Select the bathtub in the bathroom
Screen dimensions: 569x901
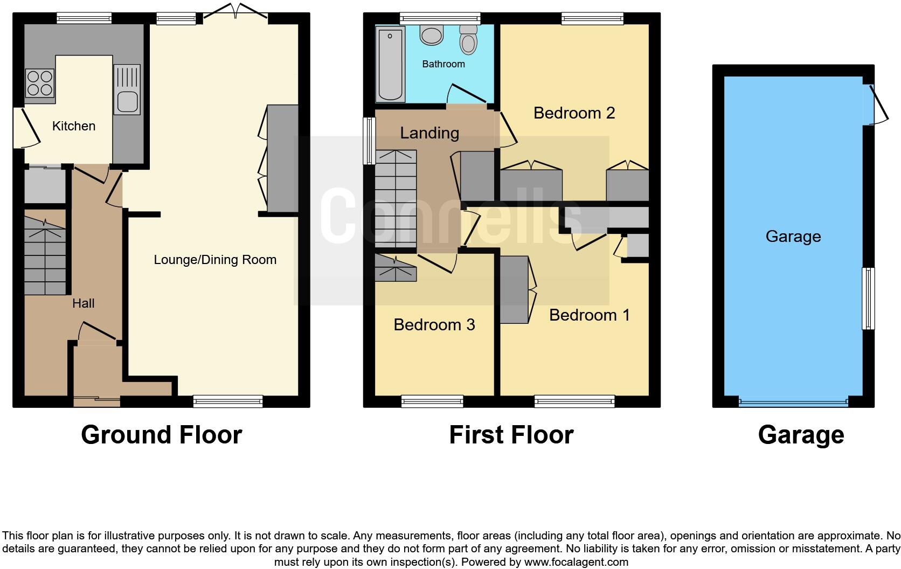pos(391,65)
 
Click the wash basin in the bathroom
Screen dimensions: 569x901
pos(431,36)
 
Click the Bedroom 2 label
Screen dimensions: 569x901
pos(574,113)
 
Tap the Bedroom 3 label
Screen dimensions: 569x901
pos(434,324)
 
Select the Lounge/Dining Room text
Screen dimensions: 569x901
pos(215,260)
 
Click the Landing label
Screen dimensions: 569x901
pos(429,133)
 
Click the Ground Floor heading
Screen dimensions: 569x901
pos(161,434)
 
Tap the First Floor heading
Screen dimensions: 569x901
pos(511,434)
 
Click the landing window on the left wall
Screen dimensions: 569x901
pos(369,141)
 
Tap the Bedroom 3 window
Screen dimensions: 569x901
pos(432,401)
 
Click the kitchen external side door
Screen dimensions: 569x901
pos(24,127)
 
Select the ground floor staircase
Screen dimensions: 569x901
pos(45,256)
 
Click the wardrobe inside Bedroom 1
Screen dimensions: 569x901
pos(514,290)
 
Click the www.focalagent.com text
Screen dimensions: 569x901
pos(576,562)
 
